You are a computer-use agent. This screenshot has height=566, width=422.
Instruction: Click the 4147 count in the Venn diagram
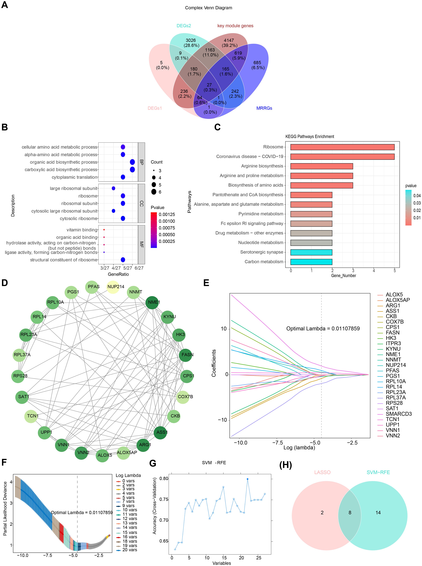(229, 40)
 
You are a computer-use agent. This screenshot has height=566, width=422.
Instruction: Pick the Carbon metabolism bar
(311, 262)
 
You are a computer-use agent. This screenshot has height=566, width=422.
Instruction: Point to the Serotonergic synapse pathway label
(262, 252)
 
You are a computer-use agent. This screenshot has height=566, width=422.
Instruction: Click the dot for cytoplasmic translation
(123, 177)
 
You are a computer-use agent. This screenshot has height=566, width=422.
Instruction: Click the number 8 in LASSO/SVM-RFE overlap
(350, 513)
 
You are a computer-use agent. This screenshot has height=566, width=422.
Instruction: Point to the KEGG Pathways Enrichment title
(310, 137)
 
